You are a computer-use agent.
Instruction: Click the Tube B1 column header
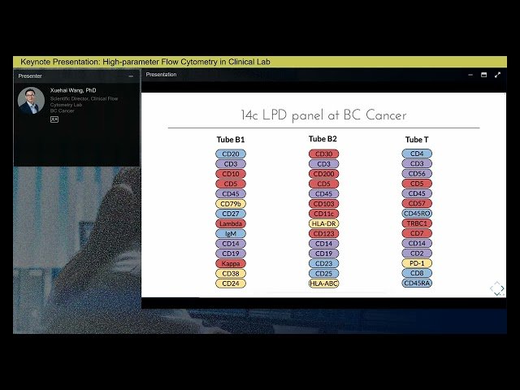[x=231, y=140]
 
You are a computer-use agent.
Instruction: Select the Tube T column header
[x=417, y=140]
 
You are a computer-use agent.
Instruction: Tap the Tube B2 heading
[x=323, y=139]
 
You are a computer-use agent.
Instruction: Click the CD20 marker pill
[x=231, y=154]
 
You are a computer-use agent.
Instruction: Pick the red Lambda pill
[x=231, y=223]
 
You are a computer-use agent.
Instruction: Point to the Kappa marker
[x=231, y=263]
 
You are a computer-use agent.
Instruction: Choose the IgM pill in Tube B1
[x=231, y=233]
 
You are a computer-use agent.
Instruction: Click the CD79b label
[x=231, y=204]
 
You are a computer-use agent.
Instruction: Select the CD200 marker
[x=323, y=174]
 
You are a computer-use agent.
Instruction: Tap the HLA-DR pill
[x=323, y=223]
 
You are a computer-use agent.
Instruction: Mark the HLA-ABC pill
[x=323, y=284]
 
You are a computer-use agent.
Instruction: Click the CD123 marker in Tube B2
[x=323, y=233]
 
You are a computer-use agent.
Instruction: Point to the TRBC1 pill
[x=417, y=223]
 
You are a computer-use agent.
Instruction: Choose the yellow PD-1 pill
[x=417, y=263]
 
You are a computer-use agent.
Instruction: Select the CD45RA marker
[x=417, y=284]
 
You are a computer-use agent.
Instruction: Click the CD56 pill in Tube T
[x=417, y=174]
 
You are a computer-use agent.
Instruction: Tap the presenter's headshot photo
[x=31, y=101]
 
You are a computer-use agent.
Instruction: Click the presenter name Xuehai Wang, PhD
[x=73, y=91]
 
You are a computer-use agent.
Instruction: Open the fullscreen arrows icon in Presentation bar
[x=497, y=75]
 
